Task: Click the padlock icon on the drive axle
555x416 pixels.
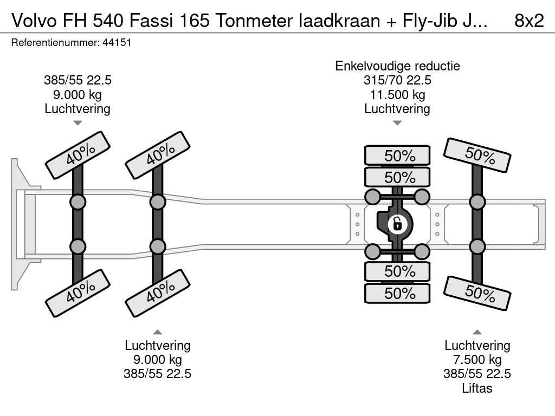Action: (x=397, y=223)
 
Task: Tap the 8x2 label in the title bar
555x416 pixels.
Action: (x=528, y=21)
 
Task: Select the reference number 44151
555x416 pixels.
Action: (x=117, y=43)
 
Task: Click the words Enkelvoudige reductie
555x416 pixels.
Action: (x=397, y=66)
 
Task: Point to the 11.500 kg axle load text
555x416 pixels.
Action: (x=397, y=95)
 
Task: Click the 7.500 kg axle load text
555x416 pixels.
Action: (x=477, y=360)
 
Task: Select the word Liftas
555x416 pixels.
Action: (x=477, y=388)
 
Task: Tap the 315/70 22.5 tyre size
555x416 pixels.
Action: (x=397, y=81)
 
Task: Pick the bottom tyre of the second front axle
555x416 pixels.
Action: (x=158, y=292)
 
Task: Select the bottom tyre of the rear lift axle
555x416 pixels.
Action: (x=477, y=292)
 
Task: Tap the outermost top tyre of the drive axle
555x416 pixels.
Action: (x=397, y=155)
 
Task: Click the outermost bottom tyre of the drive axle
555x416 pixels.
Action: (x=397, y=294)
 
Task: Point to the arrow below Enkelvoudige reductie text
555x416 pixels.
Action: (x=397, y=123)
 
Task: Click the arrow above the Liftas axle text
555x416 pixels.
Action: (x=477, y=332)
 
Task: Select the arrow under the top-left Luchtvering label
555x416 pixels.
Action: (x=78, y=123)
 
